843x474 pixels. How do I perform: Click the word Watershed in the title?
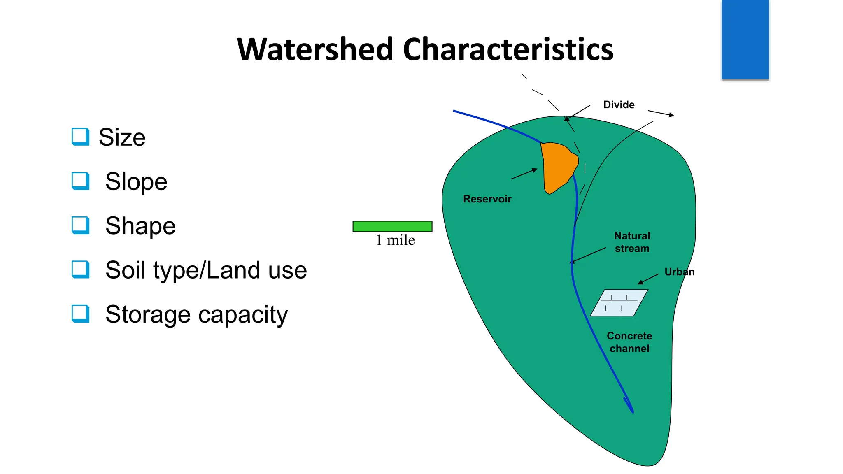(315, 49)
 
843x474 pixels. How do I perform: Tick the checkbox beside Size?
(80, 137)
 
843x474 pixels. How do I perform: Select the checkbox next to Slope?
(80, 181)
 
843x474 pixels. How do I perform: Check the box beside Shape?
(80, 225)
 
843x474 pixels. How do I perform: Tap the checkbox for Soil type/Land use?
(80, 270)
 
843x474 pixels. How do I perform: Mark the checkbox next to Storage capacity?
(80, 314)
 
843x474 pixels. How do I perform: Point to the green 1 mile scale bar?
(392, 226)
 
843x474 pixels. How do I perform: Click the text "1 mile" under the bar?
(395, 240)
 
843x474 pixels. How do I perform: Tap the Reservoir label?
(487, 199)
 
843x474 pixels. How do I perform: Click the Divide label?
(619, 105)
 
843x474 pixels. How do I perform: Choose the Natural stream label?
(632, 242)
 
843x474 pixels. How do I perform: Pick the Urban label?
(679, 272)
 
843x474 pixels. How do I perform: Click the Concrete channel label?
(629, 342)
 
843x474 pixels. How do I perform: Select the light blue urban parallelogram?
(619, 303)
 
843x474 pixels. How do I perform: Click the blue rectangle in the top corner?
(745, 39)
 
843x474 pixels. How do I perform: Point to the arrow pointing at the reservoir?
(524, 174)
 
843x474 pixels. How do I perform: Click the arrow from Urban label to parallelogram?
(648, 279)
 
